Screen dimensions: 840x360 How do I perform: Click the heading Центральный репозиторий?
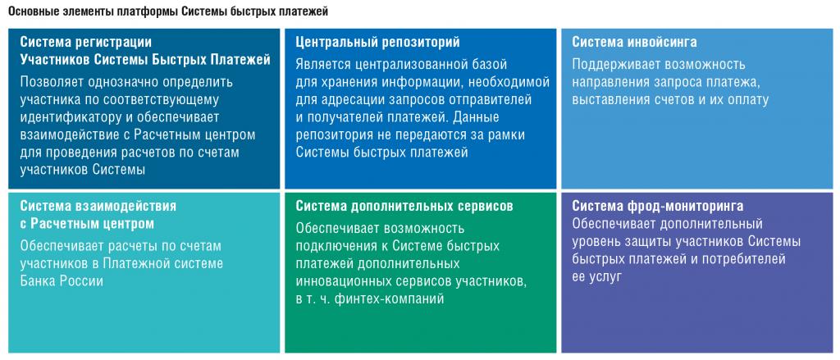tap(377, 42)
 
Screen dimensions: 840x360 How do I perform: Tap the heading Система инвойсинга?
tap(634, 42)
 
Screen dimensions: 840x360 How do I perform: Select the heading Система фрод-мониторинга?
tap(657, 207)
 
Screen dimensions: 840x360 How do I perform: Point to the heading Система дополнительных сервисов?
tap(404, 207)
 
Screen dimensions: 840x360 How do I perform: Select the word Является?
tap(322, 65)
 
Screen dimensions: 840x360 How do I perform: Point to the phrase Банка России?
tap(62, 280)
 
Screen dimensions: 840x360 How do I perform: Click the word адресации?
tap(347, 100)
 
